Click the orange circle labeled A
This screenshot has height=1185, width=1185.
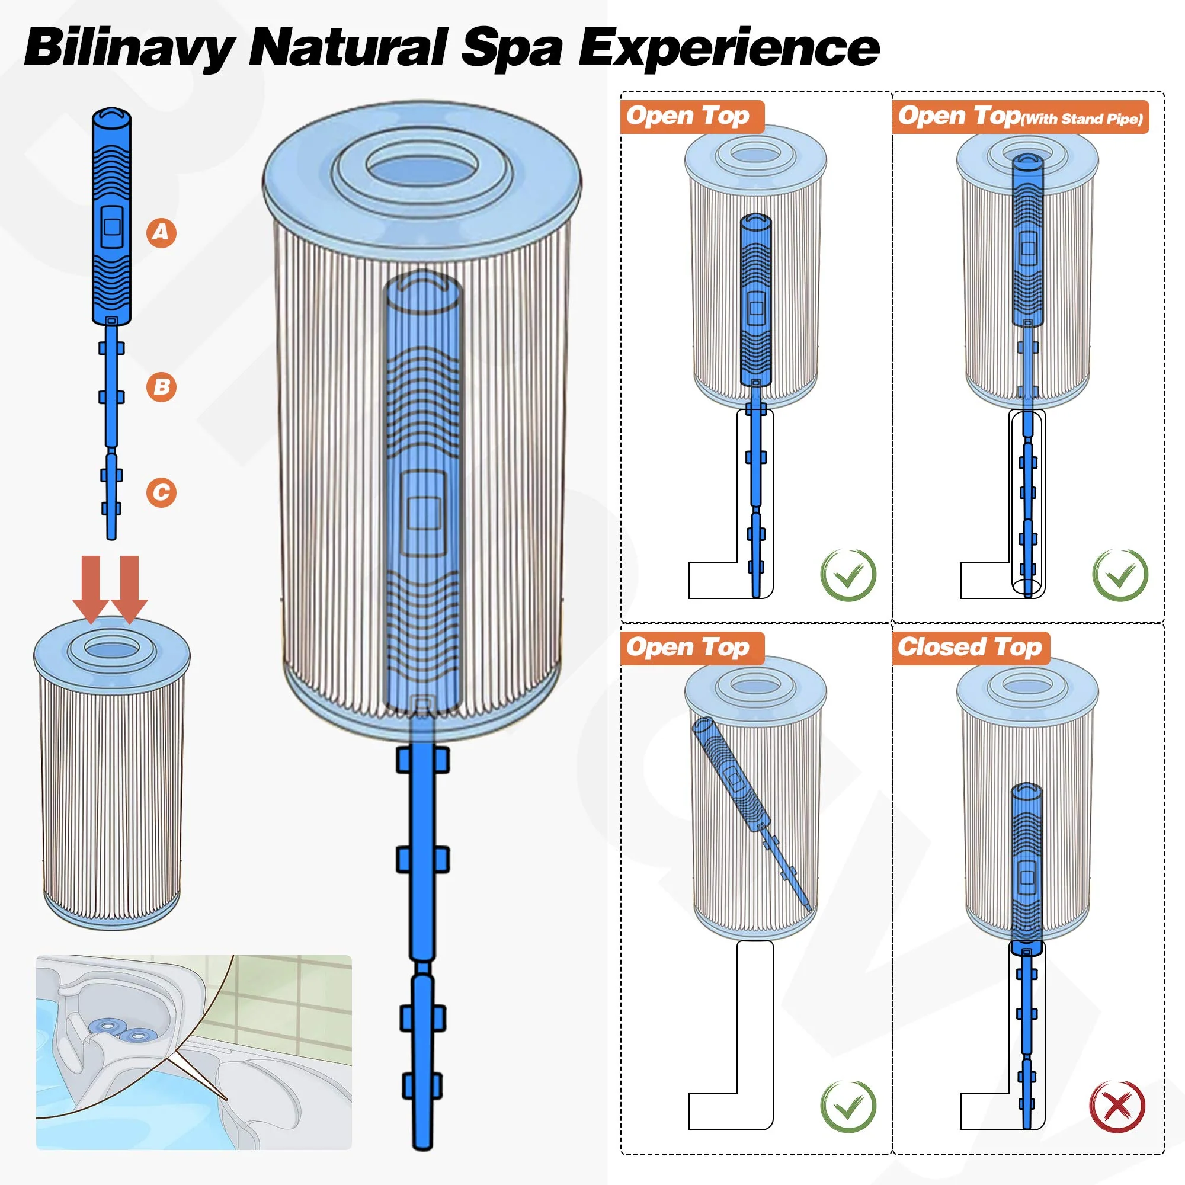tap(161, 232)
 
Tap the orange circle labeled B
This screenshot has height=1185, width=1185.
tap(161, 387)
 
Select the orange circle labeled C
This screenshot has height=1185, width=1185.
tap(161, 492)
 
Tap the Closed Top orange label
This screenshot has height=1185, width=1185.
tap(971, 648)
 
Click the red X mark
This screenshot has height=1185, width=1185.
tap(1117, 1106)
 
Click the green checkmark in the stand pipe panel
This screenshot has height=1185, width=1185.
tap(1119, 575)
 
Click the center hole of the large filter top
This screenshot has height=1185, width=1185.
tap(422, 166)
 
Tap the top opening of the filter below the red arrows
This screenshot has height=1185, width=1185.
tap(111, 648)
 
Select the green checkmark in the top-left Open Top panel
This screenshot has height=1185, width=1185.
tap(848, 575)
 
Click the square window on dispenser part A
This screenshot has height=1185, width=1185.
tap(111, 227)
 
